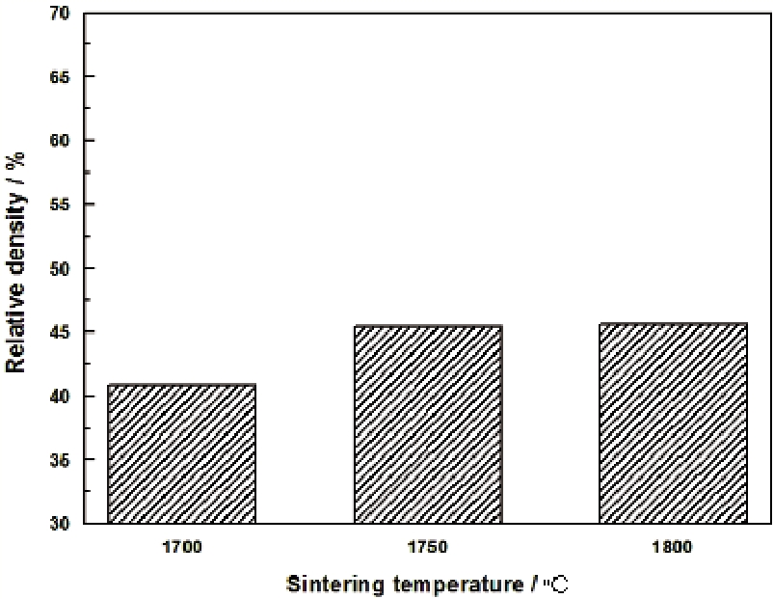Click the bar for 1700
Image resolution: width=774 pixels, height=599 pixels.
pos(181,454)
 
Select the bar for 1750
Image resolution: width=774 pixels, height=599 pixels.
pos(427,424)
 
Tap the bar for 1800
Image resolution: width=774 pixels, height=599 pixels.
pos(673,423)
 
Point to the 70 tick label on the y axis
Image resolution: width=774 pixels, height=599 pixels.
pos(59,13)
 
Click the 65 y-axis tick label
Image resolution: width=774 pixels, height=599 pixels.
pos(59,76)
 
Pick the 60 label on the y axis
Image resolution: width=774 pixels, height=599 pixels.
pos(59,140)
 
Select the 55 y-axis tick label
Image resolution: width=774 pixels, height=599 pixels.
pos(59,204)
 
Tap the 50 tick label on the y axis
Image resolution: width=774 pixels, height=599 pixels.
pos(59,268)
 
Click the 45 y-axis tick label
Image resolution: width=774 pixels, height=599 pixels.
pos(59,332)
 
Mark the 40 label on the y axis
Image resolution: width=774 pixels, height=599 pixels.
pos(59,395)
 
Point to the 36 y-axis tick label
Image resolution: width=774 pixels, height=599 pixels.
pos(59,460)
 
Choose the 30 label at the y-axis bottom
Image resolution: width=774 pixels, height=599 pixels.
pos(59,524)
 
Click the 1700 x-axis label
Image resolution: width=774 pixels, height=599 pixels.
pos(181,547)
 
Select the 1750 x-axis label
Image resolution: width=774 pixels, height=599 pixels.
pos(427,547)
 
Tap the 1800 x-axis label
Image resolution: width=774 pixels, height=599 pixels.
pos(673,547)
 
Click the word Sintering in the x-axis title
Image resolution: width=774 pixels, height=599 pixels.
pos(330,584)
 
